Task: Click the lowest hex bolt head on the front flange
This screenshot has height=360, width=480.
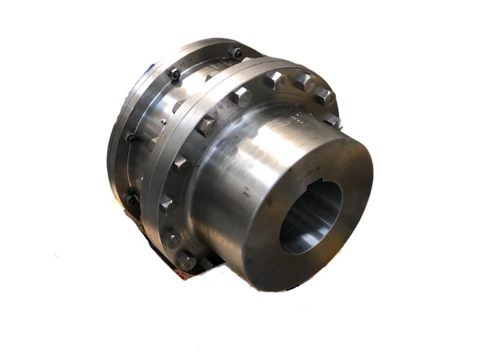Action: (185, 260)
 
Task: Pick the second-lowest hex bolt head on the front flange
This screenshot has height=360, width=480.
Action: (172, 238)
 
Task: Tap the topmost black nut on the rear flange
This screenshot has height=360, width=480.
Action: (236, 53)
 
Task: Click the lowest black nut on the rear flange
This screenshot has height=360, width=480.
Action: (130, 199)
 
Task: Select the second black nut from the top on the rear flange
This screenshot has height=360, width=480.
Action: (175, 74)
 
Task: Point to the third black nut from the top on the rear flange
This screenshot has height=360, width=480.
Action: (130, 137)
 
